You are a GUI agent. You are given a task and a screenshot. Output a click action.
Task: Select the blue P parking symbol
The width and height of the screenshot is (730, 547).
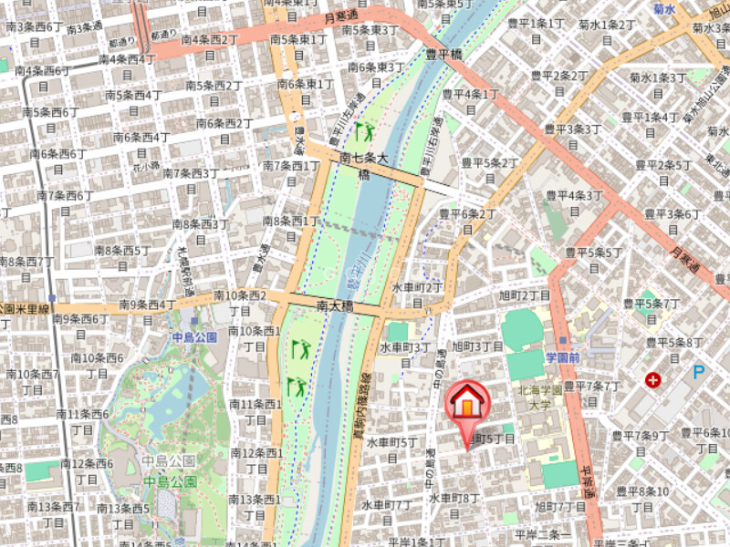tap(699, 372)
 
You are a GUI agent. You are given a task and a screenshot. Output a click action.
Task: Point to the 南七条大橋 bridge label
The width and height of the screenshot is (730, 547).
tap(364, 165)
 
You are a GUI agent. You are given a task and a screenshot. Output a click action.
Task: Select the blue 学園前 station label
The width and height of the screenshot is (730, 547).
tap(563, 357)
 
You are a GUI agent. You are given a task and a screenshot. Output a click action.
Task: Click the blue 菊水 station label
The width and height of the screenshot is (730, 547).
tap(664, 8)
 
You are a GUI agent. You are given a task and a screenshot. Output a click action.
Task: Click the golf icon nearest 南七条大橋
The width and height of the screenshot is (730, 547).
tap(364, 132)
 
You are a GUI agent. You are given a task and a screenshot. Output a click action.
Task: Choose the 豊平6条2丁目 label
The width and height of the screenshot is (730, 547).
tap(467, 221)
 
